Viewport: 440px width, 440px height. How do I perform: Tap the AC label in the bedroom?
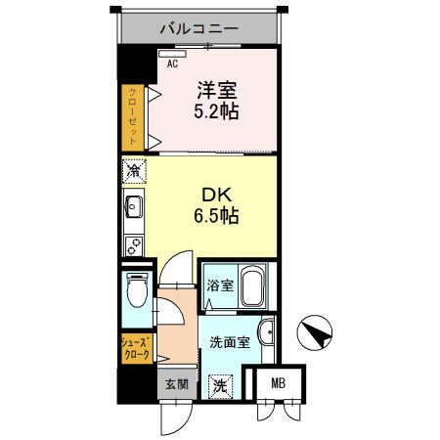coord(172,64)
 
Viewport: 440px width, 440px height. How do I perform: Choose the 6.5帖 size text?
coord(218,215)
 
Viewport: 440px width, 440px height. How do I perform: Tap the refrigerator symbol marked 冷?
coord(133,172)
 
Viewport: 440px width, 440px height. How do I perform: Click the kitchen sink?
coord(133,207)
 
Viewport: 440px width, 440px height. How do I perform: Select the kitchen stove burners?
coord(132,242)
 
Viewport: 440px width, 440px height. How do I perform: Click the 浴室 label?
coord(219,286)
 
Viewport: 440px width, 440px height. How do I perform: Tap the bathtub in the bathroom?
coord(253,287)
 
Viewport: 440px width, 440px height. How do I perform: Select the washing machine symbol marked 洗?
coord(221,386)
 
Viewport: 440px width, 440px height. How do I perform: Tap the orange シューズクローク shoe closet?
coord(136,350)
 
